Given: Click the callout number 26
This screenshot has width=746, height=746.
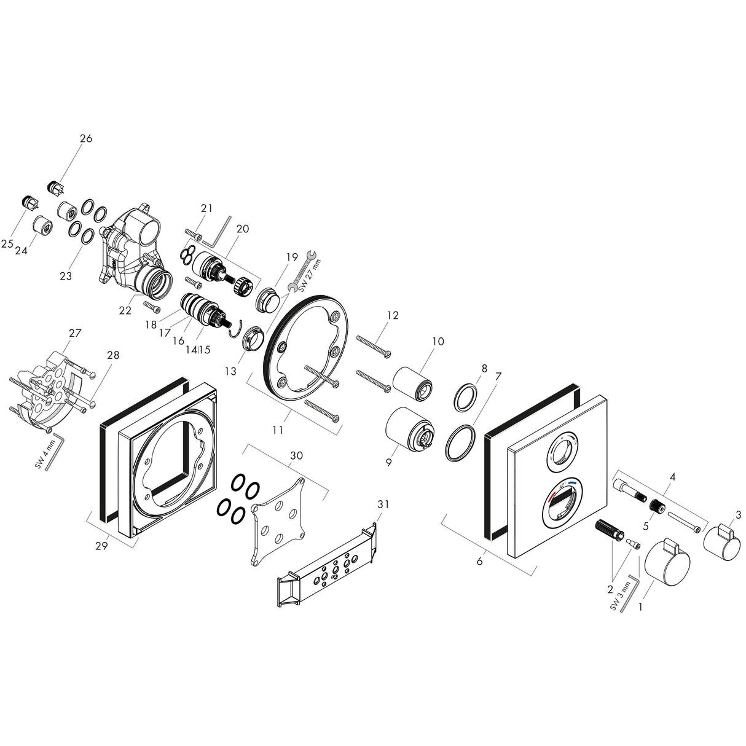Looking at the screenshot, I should click(85, 138).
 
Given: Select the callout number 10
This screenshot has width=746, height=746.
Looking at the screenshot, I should click(438, 341).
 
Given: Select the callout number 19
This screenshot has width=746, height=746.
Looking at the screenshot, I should click(291, 256).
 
